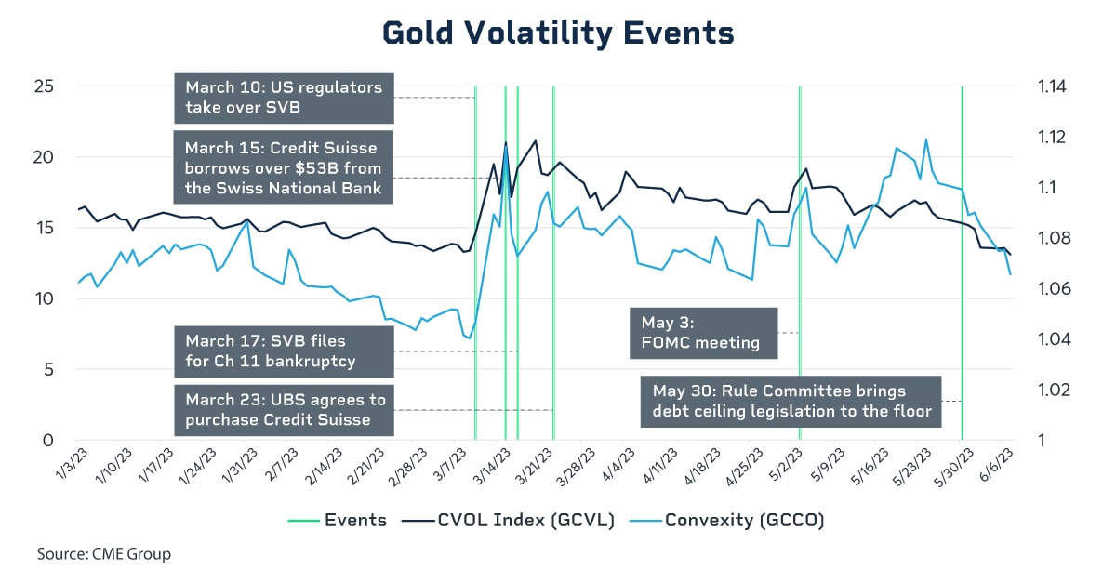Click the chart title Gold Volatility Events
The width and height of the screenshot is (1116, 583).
click(x=558, y=33)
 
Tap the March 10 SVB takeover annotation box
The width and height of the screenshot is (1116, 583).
click(x=284, y=98)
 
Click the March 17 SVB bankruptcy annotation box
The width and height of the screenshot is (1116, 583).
click(x=284, y=351)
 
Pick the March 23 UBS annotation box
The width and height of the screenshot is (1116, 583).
click(x=284, y=410)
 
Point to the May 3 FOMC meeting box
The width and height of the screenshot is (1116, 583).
click(x=703, y=332)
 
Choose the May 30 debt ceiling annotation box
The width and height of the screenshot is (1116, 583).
click(x=790, y=401)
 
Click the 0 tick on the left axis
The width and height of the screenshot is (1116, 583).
click(x=46, y=440)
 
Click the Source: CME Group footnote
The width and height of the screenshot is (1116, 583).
click(x=104, y=554)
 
